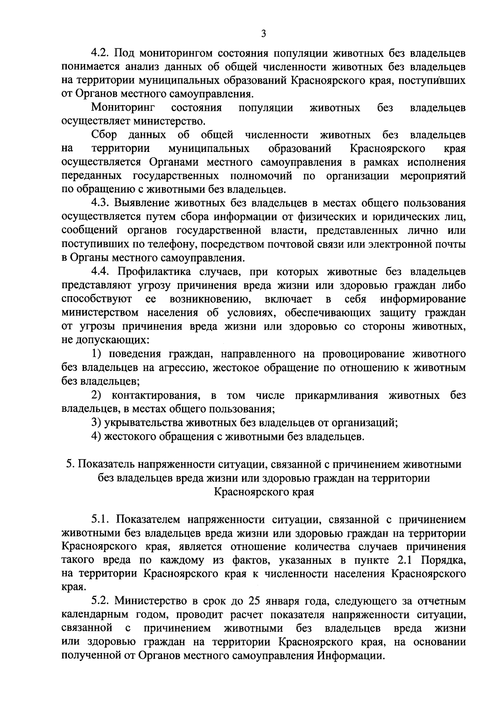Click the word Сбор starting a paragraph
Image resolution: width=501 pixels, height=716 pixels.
[104, 135]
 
